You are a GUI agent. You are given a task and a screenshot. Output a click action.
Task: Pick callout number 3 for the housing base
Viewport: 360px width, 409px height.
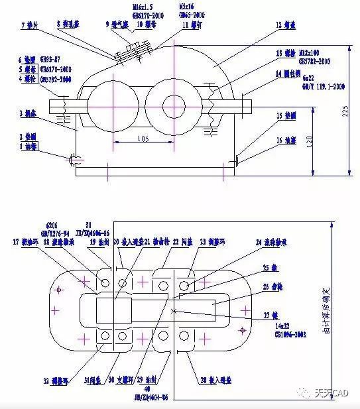pos(22,113)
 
